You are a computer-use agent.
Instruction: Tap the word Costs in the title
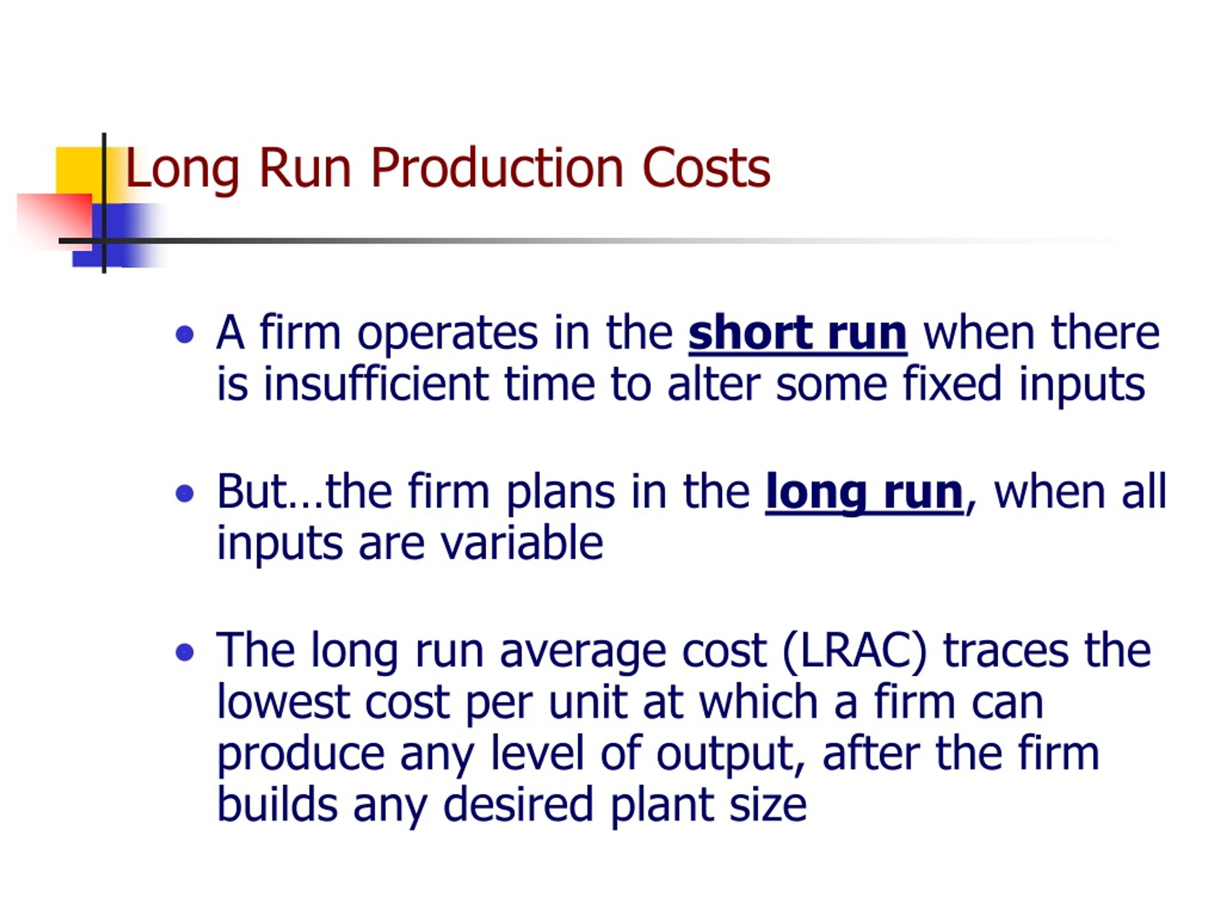pos(706,168)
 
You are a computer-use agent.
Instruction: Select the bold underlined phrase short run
pos(798,333)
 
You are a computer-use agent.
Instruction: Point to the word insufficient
pos(376,384)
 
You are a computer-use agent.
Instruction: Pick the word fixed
pos(952,384)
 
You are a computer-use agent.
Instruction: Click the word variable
pos(522,542)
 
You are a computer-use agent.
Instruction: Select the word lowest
pos(284,703)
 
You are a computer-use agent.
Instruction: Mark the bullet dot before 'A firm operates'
pos(185,335)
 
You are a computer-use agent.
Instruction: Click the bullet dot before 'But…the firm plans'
pos(185,493)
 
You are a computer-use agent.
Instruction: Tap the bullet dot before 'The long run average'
pos(185,653)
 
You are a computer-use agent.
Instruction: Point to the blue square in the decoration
pos(119,235)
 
